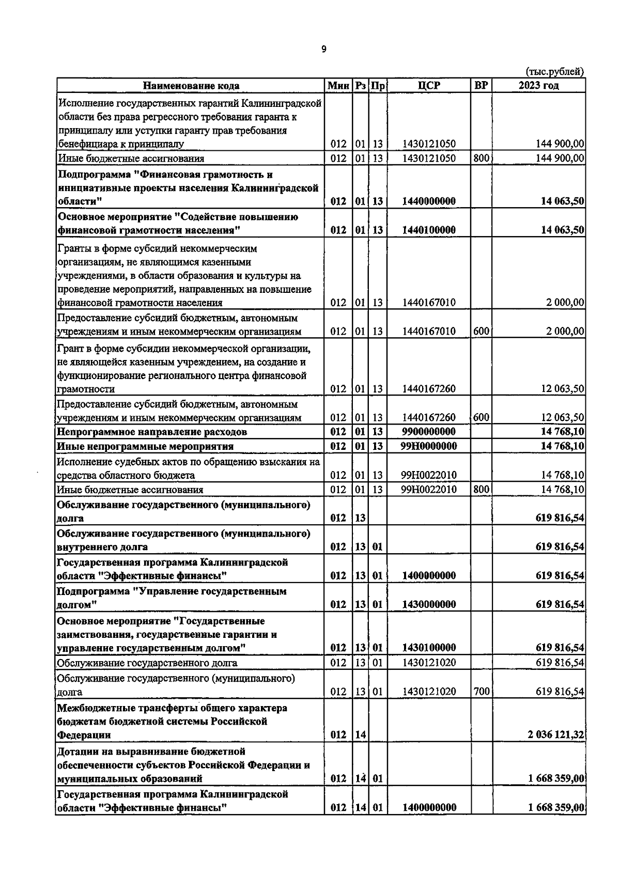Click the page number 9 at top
pyautogui.click(x=324, y=49)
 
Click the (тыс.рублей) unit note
pyautogui.click(x=554, y=72)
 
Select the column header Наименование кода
pyautogui.click(x=191, y=86)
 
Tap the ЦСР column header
pyautogui.click(x=429, y=86)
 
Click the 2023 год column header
pyautogui.click(x=538, y=86)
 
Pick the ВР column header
pyautogui.click(x=481, y=86)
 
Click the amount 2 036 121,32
pyautogui.click(x=556, y=734)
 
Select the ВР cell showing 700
pyautogui.click(x=481, y=691)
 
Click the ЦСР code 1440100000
pyautogui.click(x=429, y=229)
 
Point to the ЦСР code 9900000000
pyautogui.click(x=429, y=431)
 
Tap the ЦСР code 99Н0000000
pyautogui.click(x=429, y=446)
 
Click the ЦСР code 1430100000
pyautogui.click(x=429, y=648)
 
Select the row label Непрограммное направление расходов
pyautogui.click(x=152, y=431)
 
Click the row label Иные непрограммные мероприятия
pyautogui.click(x=145, y=446)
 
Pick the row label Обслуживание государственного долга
pyautogui.click(x=147, y=663)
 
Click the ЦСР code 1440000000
pyautogui.click(x=429, y=201)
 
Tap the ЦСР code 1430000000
pyautogui.click(x=429, y=604)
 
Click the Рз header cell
pyautogui.click(x=360, y=86)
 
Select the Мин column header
pyautogui.click(x=338, y=86)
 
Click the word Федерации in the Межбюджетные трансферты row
pyautogui.click(x=84, y=734)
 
